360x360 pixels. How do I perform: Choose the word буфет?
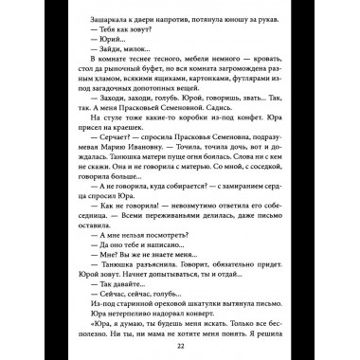[x=155, y=81]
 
